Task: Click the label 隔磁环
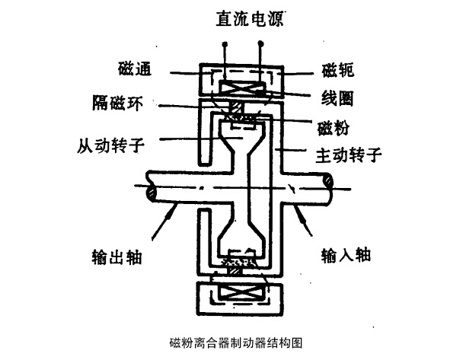(122, 99)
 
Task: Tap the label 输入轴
(345, 255)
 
